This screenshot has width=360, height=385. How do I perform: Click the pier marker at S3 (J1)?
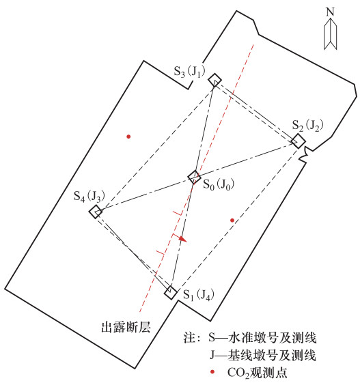tap(215, 80)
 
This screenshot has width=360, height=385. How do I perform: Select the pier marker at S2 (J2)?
tap(299, 141)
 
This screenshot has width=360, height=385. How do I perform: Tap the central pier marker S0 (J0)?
tap(194, 177)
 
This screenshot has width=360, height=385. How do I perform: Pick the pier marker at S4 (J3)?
tap(96, 211)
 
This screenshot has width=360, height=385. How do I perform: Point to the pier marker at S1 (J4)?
tap(171, 292)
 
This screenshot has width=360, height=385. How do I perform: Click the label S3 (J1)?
tap(189, 72)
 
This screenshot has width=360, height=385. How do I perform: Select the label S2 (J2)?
tap(307, 126)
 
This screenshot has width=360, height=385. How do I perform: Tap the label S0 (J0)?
tap(219, 184)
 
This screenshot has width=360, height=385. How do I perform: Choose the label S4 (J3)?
tap(89, 196)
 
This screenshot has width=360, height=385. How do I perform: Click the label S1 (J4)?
tap(199, 295)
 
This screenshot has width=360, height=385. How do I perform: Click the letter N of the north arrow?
tap(331, 12)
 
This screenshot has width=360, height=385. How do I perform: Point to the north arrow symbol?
tap(331, 34)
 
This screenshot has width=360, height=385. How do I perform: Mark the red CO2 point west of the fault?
tap(128, 137)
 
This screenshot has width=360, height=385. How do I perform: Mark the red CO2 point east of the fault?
tap(232, 220)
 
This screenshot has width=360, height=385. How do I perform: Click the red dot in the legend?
tap(212, 372)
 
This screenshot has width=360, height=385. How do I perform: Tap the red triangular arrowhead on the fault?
tap(182, 239)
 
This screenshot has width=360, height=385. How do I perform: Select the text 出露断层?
tap(126, 327)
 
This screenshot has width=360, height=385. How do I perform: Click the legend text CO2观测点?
tap(257, 373)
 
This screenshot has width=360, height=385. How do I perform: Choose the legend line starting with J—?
tap(263, 355)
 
